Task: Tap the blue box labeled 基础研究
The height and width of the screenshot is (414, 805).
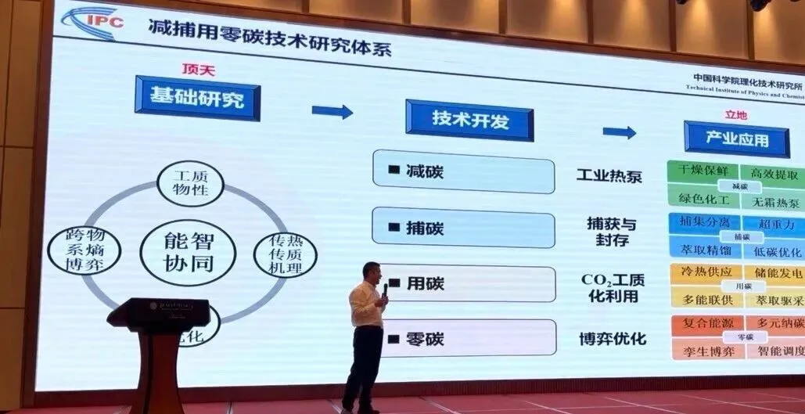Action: pos(197,98)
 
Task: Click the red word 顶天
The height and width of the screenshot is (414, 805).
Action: pos(199,70)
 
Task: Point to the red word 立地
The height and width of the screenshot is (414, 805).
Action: pos(735,115)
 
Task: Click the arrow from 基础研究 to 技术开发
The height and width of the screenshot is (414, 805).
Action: pos(332,112)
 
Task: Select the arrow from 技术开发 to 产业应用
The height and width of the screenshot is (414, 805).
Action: pos(619,133)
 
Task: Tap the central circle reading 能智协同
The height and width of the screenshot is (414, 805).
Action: pos(188,252)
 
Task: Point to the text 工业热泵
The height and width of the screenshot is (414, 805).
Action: pos(609,175)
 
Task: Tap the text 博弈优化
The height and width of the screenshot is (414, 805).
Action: pos(612,339)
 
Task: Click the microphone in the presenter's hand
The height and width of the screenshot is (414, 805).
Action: pos(385,290)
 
